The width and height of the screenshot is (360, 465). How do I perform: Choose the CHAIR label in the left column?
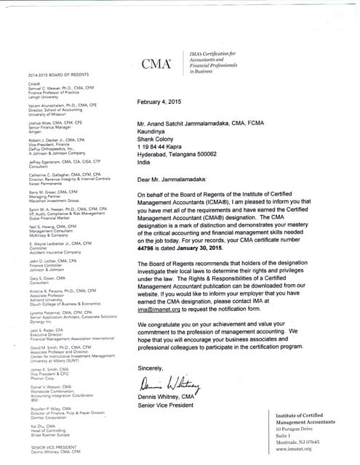[x=35, y=83]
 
